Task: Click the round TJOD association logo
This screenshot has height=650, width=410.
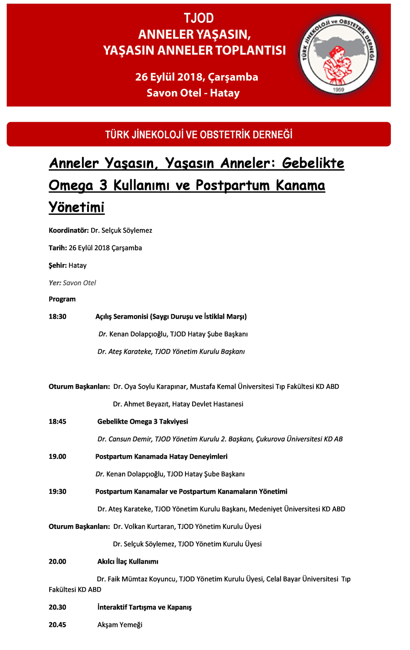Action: click(338, 55)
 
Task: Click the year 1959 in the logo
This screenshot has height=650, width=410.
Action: click(338, 90)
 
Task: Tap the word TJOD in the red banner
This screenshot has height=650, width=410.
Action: click(199, 18)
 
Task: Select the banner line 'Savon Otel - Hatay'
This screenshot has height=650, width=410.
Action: click(193, 93)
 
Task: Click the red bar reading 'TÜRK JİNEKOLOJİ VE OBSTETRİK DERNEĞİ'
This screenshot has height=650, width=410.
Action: click(199, 134)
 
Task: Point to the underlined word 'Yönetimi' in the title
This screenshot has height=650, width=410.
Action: click(77, 207)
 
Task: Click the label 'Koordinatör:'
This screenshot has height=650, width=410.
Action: click(69, 230)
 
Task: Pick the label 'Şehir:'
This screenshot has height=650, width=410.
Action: click(58, 265)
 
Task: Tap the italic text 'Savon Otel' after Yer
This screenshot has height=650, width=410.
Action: click(79, 283)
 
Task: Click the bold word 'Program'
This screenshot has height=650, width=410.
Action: click(62, 299)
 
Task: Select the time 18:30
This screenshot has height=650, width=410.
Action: click(57, 316)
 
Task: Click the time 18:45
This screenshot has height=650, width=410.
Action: click(57, 421)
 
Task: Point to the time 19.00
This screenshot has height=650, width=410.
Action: click(57, 457)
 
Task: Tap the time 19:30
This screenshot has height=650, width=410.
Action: click(57, 492)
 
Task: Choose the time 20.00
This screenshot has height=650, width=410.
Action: click(58, 562)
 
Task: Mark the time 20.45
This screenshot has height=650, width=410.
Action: click(57, 625)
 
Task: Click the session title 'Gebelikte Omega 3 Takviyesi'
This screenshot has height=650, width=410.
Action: click(143, 421)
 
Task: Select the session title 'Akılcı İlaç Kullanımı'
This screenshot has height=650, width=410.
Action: click(128, 562)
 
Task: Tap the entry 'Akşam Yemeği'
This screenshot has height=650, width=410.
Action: click(120, 625)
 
